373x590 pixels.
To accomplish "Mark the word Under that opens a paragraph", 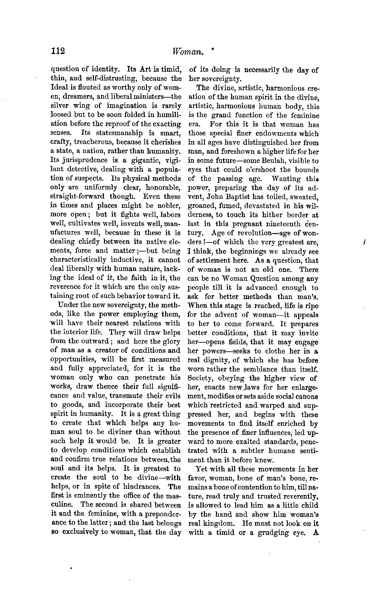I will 66,305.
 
